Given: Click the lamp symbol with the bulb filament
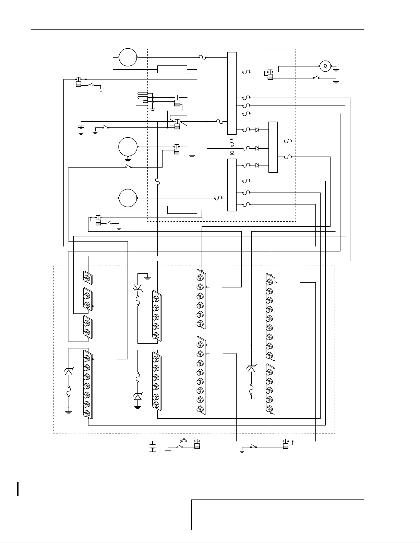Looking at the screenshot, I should tap(325, 65).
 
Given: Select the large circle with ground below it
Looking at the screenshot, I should tap(128, 147).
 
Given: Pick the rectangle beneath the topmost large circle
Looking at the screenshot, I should tap(172, 70).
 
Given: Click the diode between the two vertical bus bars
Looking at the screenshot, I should tap(232, 152).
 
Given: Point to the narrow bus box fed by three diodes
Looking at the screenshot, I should tap(273, 147).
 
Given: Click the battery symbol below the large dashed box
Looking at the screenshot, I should tap(153, 447).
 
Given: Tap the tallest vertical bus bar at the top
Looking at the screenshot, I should tap(232, 94).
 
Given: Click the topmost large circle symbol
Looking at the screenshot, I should tap(128, 57).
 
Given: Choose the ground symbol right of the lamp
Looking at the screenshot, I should tap(336, 70).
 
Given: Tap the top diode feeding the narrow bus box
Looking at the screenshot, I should tap(257, 130).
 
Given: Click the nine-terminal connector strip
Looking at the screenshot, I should tap(271, 317).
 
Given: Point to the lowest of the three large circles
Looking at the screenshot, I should tap(128, 198).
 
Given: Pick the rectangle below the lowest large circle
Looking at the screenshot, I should tap(182, 210).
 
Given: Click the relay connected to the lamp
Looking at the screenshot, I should tap(270, 75).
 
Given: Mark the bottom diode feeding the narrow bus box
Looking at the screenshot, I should tap(257, 165).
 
